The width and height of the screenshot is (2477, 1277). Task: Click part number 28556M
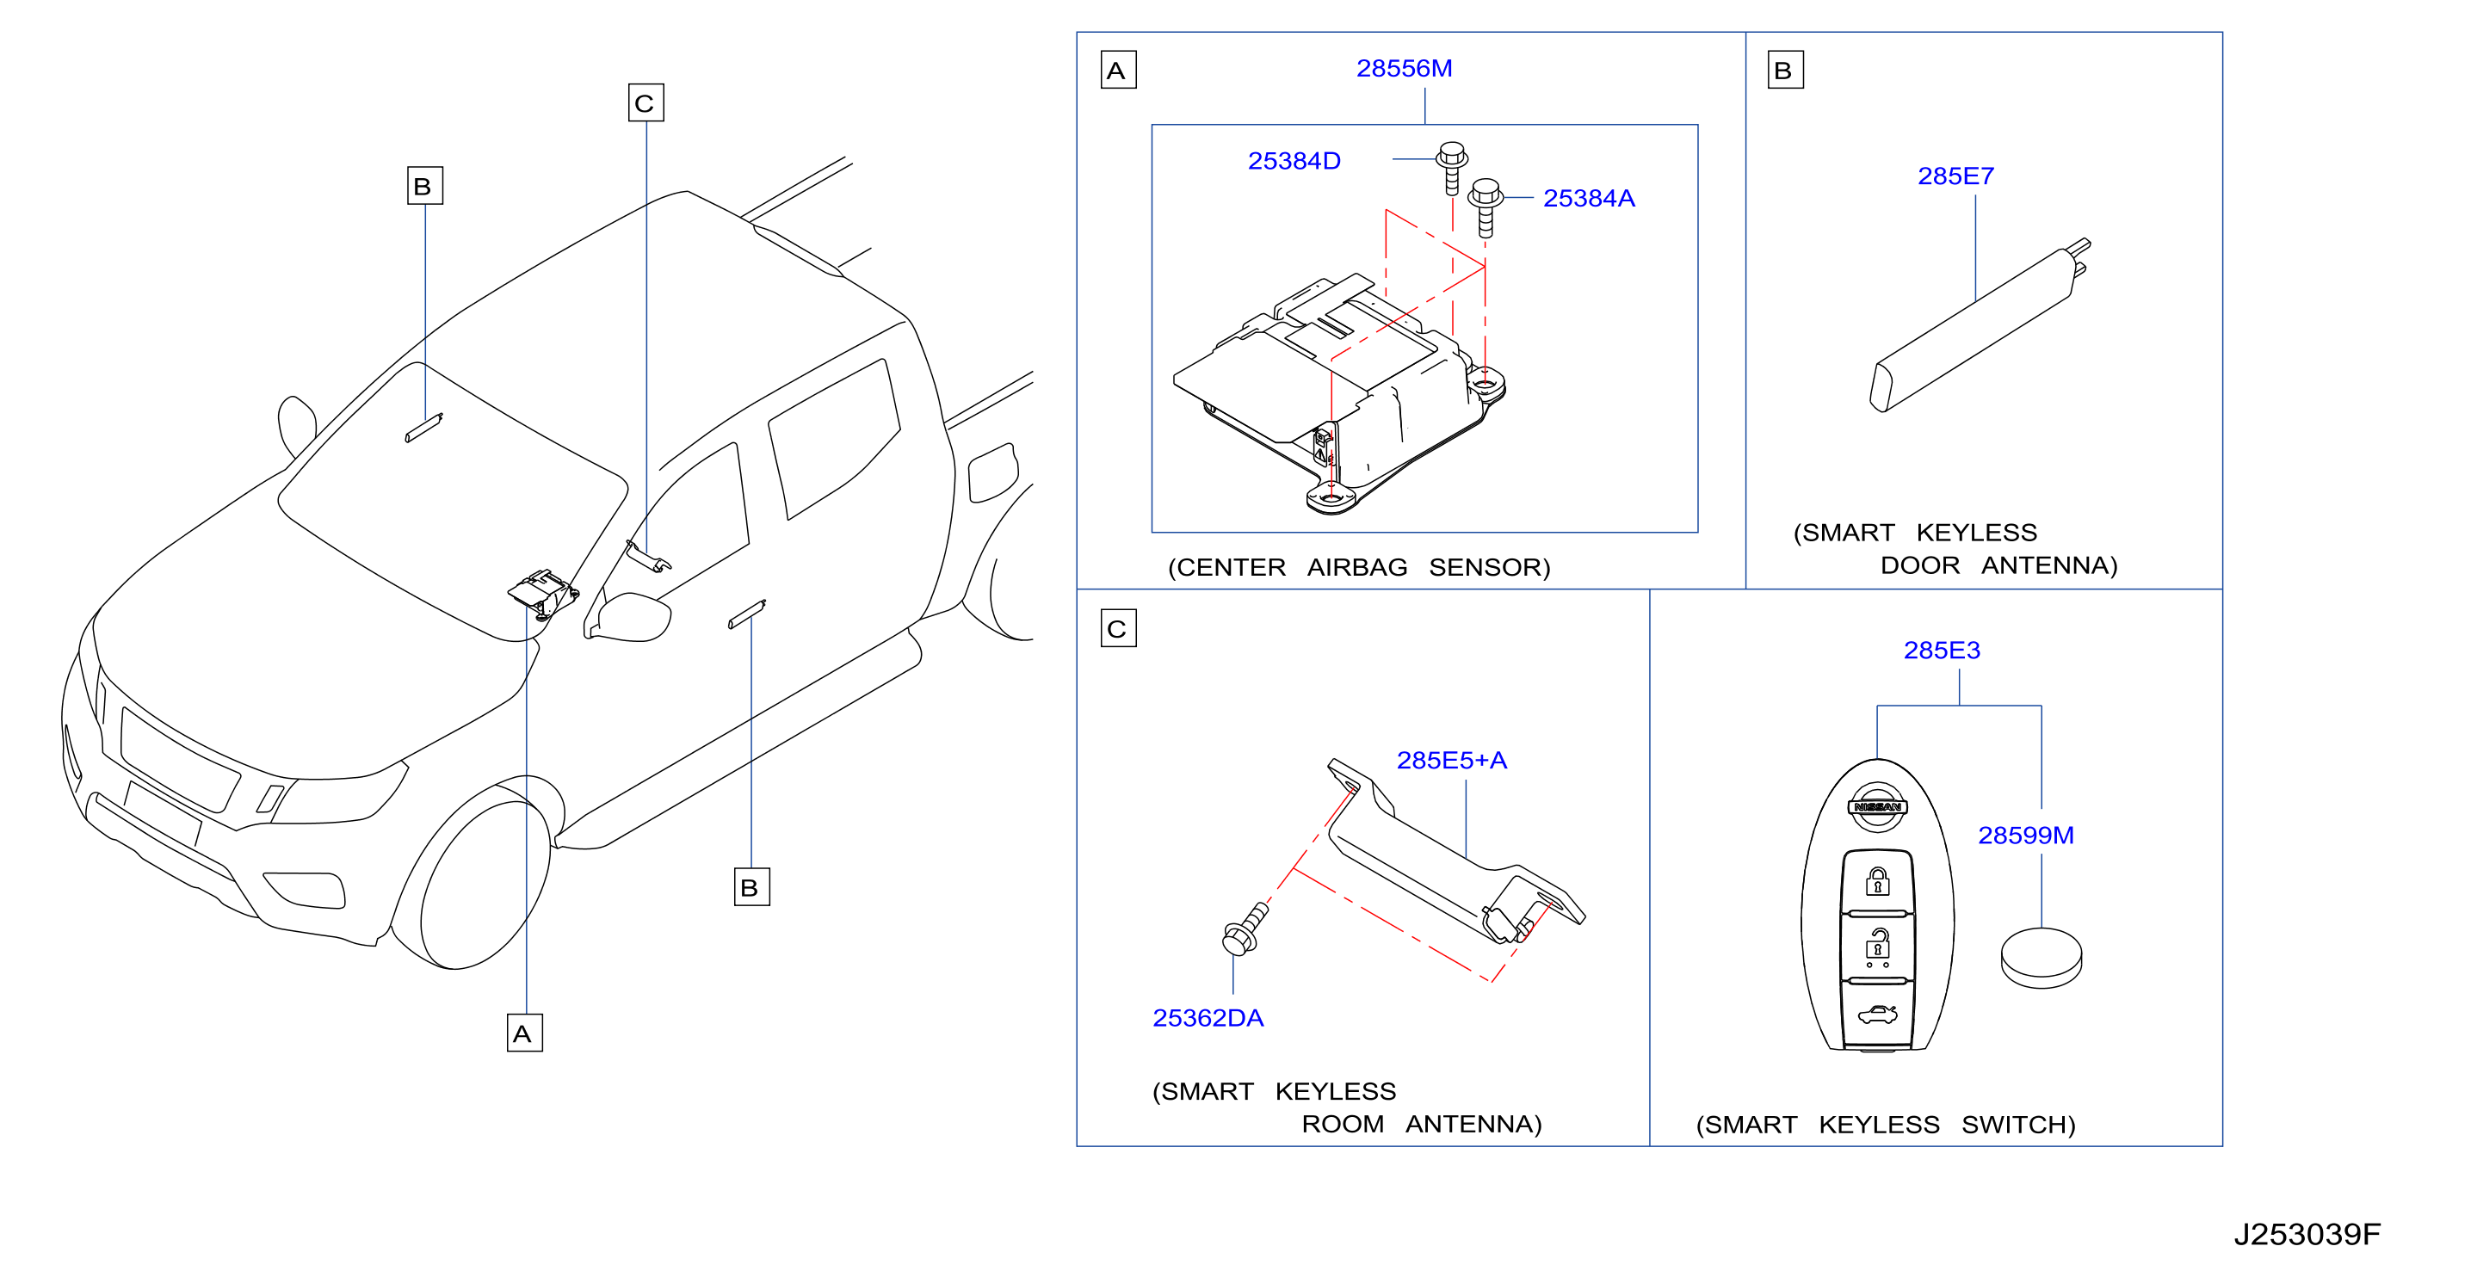click(x=1404, y=68)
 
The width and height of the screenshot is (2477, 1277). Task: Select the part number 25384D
click(x=1294, y=161)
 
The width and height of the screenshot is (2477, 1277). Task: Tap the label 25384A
click(x=1589, y=198)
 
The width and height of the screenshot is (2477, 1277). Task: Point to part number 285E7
click(x=1955, y=176)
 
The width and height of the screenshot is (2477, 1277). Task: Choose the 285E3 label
click(x=1942, y=650)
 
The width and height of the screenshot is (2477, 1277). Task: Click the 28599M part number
click(x=2025, y=835)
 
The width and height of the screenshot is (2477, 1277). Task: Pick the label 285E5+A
click(x=1451, y=760)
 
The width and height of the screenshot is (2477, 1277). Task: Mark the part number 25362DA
click(x=1208, y=1017)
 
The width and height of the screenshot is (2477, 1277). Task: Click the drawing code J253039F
click(x=2307, y=1234)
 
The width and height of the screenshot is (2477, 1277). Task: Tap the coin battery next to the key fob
click(x=2041, y=958)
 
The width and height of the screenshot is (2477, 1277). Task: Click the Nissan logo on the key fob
click(x=1877, y=805)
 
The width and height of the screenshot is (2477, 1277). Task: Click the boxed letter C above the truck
click(x=646, y=103)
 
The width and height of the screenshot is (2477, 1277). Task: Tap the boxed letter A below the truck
click(x=524, y=1033)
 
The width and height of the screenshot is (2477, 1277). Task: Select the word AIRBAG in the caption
click(x=1356, y=567)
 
